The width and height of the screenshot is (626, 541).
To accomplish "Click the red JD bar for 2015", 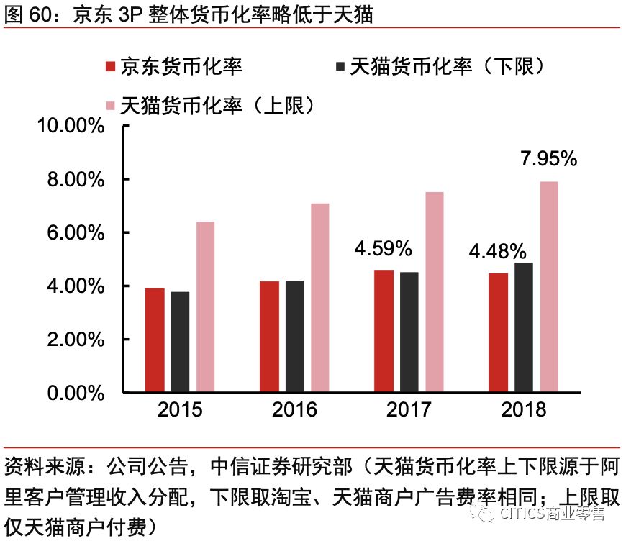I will pos(155,340).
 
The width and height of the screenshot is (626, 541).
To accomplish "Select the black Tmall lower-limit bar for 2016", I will pos(294,337).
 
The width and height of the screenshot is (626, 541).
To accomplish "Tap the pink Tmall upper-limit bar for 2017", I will pos(434,293).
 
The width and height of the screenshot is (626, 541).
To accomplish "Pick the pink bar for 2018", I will pos(549,287).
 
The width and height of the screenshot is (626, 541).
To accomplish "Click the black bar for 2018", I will pos(524,327).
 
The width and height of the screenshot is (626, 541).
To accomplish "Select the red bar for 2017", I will pos(384,332).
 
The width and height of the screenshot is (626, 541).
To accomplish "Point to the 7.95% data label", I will pos(549,159).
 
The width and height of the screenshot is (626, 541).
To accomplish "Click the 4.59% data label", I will pos(383,249).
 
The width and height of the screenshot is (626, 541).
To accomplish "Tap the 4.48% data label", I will pos(498,252).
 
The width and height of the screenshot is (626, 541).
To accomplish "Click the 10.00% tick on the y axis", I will pos(75,126).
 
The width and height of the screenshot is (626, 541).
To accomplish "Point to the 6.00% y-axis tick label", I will pos(78,233).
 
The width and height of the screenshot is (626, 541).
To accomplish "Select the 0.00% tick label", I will pos(78,393).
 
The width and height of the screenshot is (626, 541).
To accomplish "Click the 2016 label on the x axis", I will pos(294,410).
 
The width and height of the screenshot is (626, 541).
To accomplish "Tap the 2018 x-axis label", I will pos(524,410).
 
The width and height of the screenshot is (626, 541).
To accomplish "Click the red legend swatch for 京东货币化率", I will pos(110,67).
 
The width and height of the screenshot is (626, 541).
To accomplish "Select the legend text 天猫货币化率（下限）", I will pos(446,67).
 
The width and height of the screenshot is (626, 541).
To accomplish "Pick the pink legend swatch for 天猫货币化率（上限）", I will pos(110,106).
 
